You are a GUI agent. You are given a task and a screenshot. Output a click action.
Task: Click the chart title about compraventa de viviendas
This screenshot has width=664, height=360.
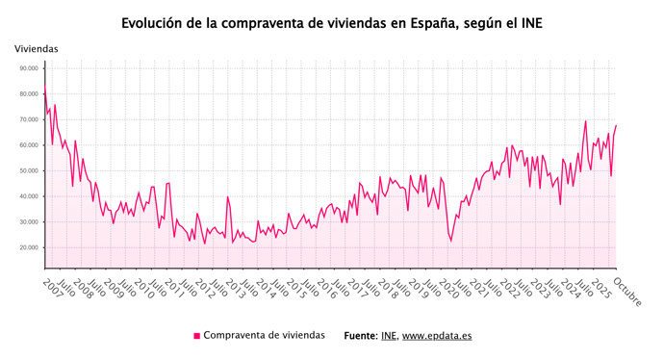coord(331,20)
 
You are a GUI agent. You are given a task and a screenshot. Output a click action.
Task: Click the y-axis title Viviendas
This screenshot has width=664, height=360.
coord(36,48)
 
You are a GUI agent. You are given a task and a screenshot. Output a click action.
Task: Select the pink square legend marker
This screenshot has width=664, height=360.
coord(197,335)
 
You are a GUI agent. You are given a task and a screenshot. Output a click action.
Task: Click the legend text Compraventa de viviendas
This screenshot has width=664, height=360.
coord(264,335)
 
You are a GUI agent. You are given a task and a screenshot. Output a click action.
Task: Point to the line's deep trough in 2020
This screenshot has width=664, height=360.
coord(450,241)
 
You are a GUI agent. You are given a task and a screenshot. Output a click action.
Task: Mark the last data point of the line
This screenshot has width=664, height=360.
coord(616,125)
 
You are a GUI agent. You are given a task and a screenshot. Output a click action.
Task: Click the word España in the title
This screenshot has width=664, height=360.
coord(427,20)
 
